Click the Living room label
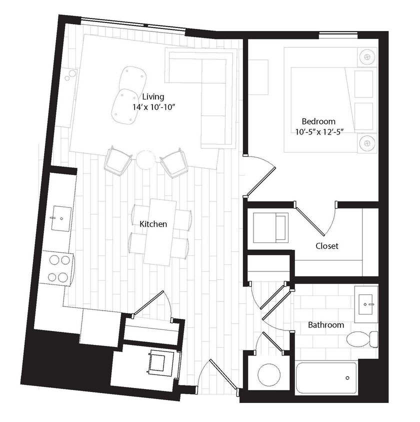click(x=153, y=96)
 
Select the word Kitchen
click(x=153, y=224)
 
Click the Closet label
click(x=327, y=246)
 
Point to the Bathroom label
click(x=325, y=325)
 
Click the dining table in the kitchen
click(x=160, y=231)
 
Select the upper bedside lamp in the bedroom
click(x=368, y=57)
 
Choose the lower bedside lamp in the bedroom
click(x=367, y=142)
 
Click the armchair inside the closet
click(x=270, y=227)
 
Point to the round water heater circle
click(x=270, y=375)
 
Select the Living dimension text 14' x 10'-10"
click(x=153, y=107)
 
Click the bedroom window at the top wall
click(x=338, y=35)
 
